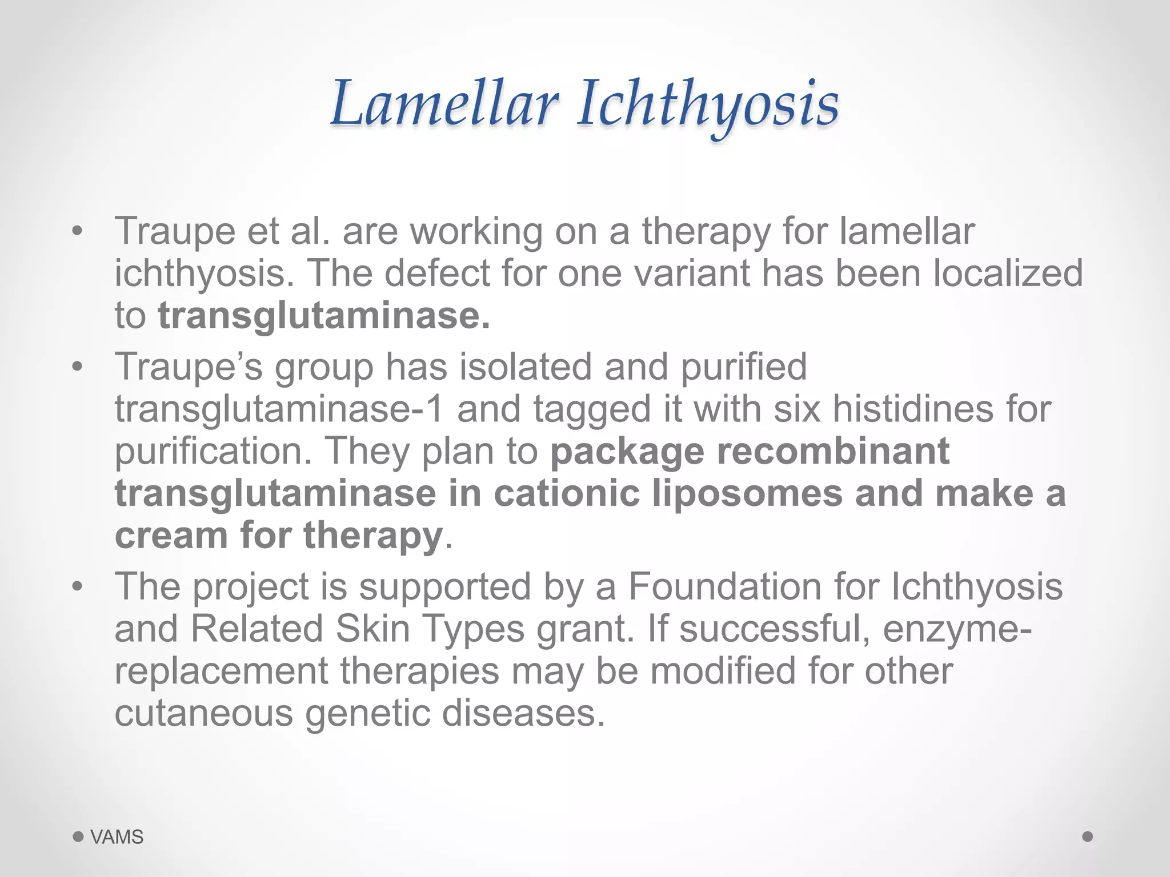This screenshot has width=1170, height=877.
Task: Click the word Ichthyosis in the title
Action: pos(707,104)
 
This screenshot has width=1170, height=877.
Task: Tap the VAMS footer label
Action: pos(117,837)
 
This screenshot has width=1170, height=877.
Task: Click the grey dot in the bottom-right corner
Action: pos(1088,836)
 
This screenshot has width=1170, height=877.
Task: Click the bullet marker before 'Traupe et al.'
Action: pos(78,232)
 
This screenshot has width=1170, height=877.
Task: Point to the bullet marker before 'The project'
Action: pos(78,587)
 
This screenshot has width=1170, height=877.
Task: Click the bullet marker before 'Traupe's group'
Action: pos(78,367)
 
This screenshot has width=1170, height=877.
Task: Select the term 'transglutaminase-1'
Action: pos(279,409)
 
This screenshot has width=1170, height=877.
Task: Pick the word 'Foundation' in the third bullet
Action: pos(724,586)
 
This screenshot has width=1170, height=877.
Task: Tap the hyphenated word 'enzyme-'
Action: pos(957,629)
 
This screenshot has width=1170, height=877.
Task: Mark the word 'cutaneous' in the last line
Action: pos(203,713)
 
